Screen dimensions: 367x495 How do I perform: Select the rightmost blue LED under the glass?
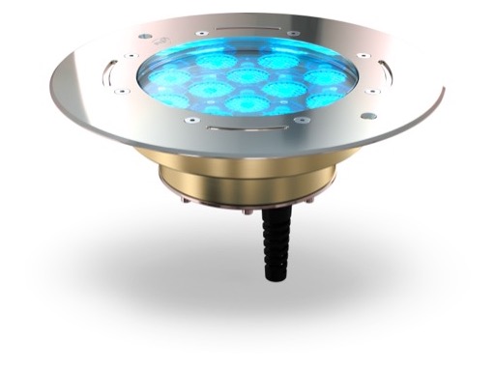tap(324, 98)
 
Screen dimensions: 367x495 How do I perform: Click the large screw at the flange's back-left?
tap(144, 36)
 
